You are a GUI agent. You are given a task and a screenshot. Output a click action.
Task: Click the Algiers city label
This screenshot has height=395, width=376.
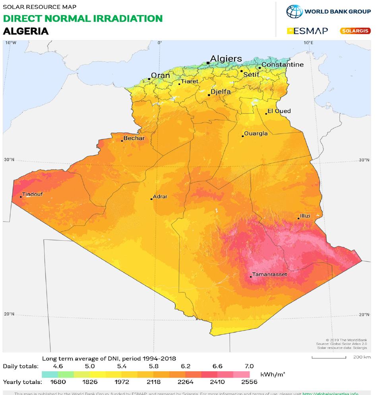click(x=226, y=59)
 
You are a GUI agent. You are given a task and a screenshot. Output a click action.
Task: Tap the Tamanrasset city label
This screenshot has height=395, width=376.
click(x=268, y=274)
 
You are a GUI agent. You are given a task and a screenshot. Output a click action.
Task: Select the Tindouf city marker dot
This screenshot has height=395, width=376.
click(x=21, y=197)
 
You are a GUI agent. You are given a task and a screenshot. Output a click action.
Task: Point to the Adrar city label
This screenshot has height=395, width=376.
click(x=160, y=196)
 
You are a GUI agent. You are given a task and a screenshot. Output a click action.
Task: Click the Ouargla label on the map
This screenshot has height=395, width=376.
click(x=256, y=134)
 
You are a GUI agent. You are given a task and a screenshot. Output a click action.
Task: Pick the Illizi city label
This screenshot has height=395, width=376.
click(x=305, y=216)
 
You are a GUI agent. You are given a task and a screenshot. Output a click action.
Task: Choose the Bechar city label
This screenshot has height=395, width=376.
click(x=134, y=138)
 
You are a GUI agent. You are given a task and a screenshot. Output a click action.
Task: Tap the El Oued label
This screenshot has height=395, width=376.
click(x=279, y=111)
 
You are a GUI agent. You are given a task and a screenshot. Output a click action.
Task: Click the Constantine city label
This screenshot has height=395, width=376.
click(x=282, y=65)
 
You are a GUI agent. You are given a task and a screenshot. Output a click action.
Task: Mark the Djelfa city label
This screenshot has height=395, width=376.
click(x=221, y=91)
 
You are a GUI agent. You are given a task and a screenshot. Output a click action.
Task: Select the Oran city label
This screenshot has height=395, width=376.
click(x=160, y=76)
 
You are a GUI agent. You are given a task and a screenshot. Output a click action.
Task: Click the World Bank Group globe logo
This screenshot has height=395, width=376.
click(x=294, y=11)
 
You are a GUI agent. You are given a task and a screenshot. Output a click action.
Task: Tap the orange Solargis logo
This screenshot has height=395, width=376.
click(x=355, y=31)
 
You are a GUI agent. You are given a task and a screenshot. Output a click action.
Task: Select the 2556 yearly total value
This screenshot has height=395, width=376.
click(x=249, y=382)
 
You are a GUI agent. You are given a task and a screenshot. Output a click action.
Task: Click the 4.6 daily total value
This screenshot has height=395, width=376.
click(x=58, y=366)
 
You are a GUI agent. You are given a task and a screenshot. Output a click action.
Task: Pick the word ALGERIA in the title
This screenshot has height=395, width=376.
click(x=25, y=31)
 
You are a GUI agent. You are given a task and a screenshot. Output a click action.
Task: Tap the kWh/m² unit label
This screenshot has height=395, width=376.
click(x=273, y=374)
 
